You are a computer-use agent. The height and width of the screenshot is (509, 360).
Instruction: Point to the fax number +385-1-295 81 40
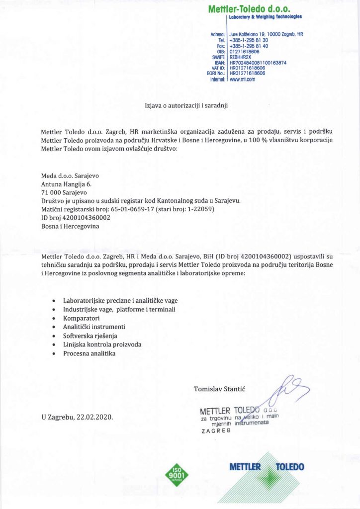pyautogui.click(x=249, y=46)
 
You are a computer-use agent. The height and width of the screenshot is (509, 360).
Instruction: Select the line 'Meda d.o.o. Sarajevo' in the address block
pyautogui.click(x=69, y=175)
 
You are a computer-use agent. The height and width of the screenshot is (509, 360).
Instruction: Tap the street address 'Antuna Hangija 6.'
pyautogui.click(x=67, y=184)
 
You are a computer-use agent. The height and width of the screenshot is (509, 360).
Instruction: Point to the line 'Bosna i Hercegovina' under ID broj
pyautogui.click(x=70, y=226)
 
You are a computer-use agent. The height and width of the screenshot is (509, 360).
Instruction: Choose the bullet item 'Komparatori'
pyautogui.click(x=82, y=318)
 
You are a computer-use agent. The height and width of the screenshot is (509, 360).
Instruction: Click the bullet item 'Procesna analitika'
pyautogui.click(x=89, y=353)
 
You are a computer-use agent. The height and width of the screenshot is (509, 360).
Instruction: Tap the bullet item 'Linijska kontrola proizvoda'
pyautogui.click(x=102, y=344)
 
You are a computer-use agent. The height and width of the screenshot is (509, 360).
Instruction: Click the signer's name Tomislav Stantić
pyautogui.click(x=222, y=389)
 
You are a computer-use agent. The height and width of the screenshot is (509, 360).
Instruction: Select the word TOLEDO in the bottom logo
pyautogui.click(x=290, y=467)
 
